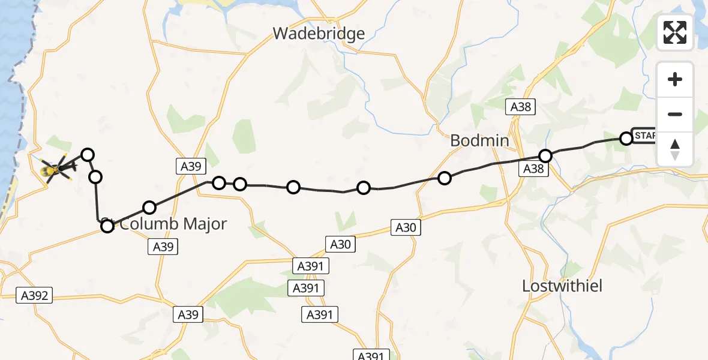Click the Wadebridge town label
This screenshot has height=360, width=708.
(x=319, y=33)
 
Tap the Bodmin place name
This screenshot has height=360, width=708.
(x=479, y=141)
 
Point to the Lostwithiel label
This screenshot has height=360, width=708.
(x=562, y=286)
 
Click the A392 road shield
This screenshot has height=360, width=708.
(x=35, y=295)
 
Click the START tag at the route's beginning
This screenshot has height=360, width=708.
(x=644, y=136)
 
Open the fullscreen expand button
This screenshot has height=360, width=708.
(x=675, y=32)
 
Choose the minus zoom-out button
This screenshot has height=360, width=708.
(x=675, y=114)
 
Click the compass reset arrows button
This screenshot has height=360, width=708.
(x=675, y=149)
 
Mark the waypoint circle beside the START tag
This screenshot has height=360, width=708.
(x=626, y=139)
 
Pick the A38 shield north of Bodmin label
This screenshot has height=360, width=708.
(x=520, y=107)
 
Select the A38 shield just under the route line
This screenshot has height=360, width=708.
(x=533, y=169)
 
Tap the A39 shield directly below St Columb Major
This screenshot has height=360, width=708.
(x=163, y=246)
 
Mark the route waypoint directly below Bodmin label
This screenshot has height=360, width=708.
(x=445, y=178)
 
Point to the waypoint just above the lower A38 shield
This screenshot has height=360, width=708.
(x=545, y=156)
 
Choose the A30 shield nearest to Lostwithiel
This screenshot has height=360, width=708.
(x=405, y=227)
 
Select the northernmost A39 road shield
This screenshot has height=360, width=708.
(x=191, y=166)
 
